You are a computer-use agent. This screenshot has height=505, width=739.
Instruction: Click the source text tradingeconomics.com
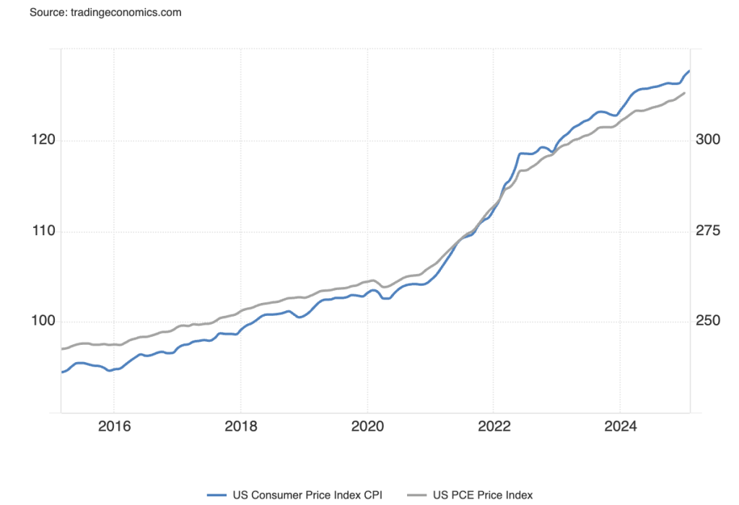(105, 13)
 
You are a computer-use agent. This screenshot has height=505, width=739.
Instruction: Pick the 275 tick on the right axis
(707, 232)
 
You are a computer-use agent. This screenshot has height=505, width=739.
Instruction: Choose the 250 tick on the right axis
(707, 322)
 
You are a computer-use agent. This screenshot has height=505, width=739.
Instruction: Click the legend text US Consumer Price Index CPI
(307, 495)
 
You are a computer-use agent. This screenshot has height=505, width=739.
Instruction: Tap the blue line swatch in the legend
(217, 495)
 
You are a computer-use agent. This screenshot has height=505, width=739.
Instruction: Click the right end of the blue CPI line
(689, 71)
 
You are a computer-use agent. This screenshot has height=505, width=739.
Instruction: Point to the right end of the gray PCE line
(684, 93)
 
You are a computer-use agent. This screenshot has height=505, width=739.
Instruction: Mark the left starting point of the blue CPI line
(61, 372)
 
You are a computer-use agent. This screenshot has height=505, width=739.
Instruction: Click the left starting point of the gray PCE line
(61, 349)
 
